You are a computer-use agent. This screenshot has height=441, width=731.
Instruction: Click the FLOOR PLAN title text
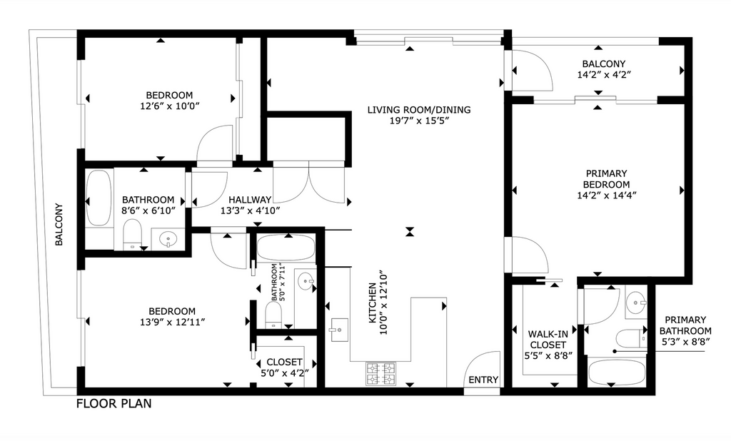click(x=114, y=404)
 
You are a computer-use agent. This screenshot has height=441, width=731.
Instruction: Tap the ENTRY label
click(x=483, y=380)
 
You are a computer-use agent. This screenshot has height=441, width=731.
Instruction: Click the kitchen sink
click(x=337, y=330)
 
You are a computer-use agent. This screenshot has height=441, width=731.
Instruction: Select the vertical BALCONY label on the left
click(x=60, y=225)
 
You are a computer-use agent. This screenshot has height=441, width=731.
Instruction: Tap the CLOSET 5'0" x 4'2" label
click(x=284, y=367)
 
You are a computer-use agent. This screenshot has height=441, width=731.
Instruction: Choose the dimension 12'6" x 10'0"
click(x=169, y=106)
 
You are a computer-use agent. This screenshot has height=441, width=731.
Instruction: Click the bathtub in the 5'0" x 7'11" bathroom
click(x=285, y=248)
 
